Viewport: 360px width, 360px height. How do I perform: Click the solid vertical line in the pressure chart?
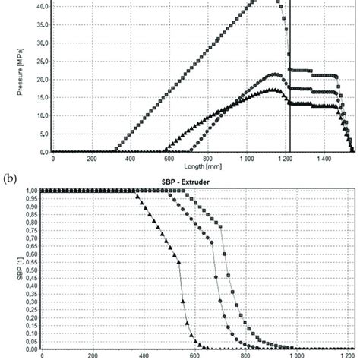click(x=290, y=114)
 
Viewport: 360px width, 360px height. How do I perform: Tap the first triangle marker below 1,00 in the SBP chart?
click(x=137, y=196)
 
